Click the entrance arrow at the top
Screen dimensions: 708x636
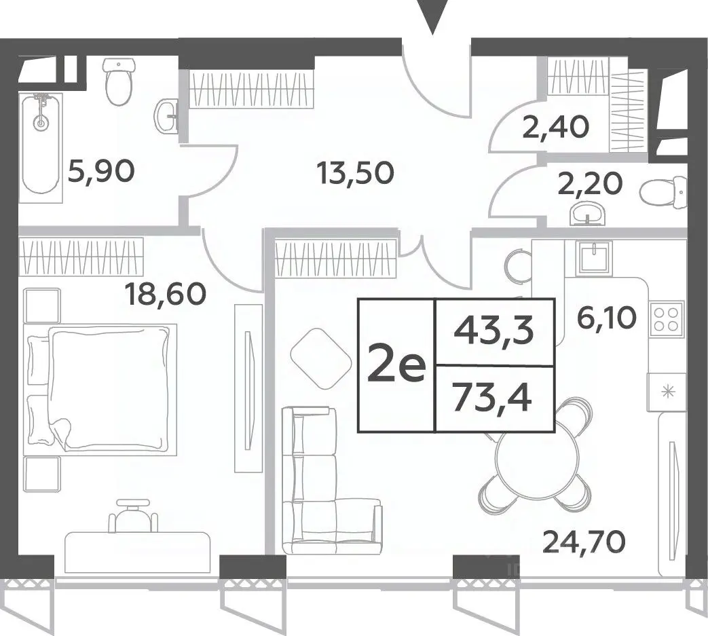coord(432,16)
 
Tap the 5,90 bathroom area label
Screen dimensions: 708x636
coord(100,172)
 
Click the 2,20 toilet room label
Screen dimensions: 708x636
coord(590,183)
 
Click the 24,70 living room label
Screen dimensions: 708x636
coord(584,542)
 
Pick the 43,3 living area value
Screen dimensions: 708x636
coord(494,331)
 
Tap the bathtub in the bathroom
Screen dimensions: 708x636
coord(40,147)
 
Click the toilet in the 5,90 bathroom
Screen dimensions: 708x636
coord(120,81)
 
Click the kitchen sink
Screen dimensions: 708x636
coord(595,258)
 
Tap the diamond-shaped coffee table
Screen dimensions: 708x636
coord(321,358)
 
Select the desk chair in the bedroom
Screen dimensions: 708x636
coord(133,515)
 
